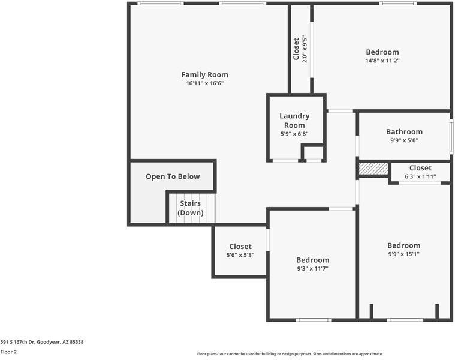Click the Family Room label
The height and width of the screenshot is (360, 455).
pyautogui.click(x=204, y=74)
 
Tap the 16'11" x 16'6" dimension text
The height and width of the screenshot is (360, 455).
pyautogui.click(x=205, y=83)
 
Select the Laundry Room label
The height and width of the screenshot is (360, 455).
pyautogui.click(x=294, y=121)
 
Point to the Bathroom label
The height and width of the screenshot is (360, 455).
pyautogui.click(x=404, y=132)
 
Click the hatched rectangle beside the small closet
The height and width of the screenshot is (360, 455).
pyautogui.click(x=373, y=169)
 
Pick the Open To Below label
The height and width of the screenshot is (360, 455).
pyautogui.click(x=173, y=176)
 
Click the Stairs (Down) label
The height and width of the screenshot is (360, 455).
pyautogui.click(x=191, y=208)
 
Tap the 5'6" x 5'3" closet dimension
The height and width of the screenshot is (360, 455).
pyautogui.click(x=240, y=255)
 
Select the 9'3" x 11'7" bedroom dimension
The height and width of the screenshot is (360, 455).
pyautogui.click(x=312, y=269)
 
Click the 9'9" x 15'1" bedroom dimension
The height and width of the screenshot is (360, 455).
pyautogui.click(x=404, y=254)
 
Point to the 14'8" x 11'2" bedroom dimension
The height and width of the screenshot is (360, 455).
pyautogui.click(x=382, y=61)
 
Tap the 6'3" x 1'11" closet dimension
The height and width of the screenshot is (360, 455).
pyautogui.click(x=420, y=176)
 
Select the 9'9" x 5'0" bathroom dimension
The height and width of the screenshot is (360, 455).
pyautogui.click(x=404, y=140)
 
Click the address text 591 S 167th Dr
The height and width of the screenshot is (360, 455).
pyautogui.click(x=18, y=342)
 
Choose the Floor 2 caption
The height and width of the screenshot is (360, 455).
pyautogui.click(x=8, y=352)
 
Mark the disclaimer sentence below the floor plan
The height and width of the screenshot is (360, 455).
pyautogui.click(x=290, y=354)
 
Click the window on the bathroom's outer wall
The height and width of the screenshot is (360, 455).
pyautogui.click(x=451, y=136)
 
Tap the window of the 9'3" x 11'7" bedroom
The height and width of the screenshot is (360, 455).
pyautogui.click(x=314, y=320)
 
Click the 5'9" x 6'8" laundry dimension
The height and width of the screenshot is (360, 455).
pyautogui.click(x=294, y=134)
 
